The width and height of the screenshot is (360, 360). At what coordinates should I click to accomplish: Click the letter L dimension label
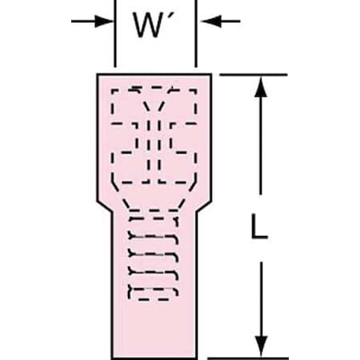point(259,226)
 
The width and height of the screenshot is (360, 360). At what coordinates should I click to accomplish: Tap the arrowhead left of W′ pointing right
point(103,21)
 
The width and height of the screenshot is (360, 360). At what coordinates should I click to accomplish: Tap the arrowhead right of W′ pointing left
point(210,21)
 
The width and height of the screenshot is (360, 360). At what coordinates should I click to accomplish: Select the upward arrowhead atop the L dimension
point(261,87)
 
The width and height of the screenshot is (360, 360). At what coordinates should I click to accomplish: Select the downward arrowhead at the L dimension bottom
point(261,346)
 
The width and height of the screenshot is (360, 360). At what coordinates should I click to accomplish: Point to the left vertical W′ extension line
point(115,34)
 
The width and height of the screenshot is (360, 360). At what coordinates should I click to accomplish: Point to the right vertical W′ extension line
point(196,34)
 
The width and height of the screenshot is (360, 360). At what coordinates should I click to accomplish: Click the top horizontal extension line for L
point(254,75)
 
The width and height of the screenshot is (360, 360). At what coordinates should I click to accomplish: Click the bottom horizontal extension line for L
point(248,358)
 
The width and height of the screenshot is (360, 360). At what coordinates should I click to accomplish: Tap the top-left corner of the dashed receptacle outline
point(112,90)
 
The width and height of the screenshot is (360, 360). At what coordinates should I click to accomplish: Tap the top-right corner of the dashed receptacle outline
point(196,90)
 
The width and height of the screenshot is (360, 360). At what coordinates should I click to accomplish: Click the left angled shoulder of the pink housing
point(105,207)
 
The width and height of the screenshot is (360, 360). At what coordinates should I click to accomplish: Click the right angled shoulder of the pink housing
point(205,207)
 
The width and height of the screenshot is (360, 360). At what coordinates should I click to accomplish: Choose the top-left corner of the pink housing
point(98,74)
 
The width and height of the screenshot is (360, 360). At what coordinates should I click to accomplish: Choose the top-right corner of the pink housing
point(211,74)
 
